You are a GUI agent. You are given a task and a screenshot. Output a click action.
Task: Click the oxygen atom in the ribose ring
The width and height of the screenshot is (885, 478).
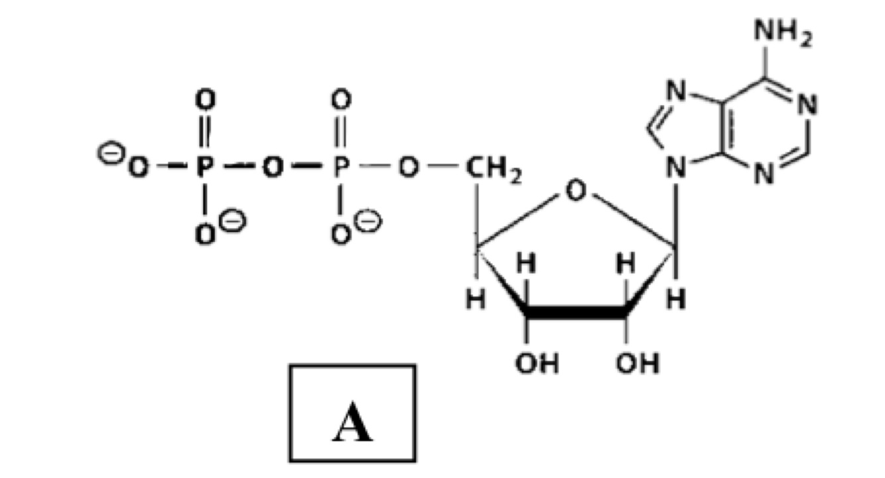[x=576, y=192]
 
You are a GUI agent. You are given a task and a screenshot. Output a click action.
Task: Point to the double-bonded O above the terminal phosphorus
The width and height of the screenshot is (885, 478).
[x=204, y=101]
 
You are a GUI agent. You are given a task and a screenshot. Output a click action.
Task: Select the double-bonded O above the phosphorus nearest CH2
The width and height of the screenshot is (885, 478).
[x=340, y=101]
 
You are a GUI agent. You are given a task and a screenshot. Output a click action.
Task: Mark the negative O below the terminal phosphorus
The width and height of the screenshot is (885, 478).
[x=204, y=233]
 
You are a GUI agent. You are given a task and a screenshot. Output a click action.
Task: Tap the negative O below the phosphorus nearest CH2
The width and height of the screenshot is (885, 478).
[x=340, y=233]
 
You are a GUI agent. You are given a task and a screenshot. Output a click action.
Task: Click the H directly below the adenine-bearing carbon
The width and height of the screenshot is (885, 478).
[x=676, y=300]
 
